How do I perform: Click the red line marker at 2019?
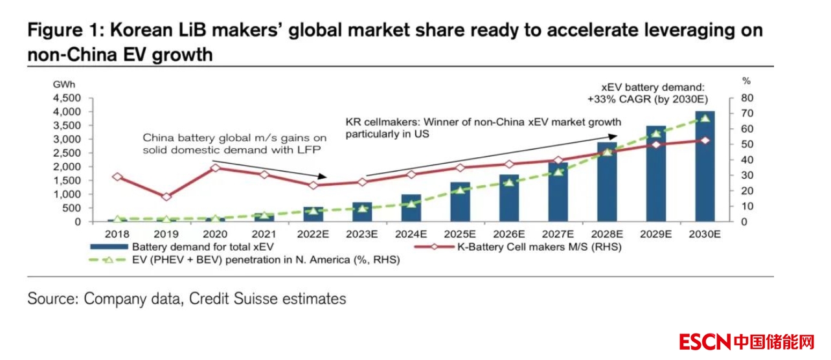coord(166,197)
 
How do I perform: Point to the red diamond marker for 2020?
coord(215,168)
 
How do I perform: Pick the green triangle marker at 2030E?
coord(704,117)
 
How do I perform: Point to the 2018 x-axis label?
coord(117,234)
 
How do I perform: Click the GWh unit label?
coord(63,84)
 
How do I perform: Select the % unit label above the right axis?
coord(746,81)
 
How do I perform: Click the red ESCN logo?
coord(705,341)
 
